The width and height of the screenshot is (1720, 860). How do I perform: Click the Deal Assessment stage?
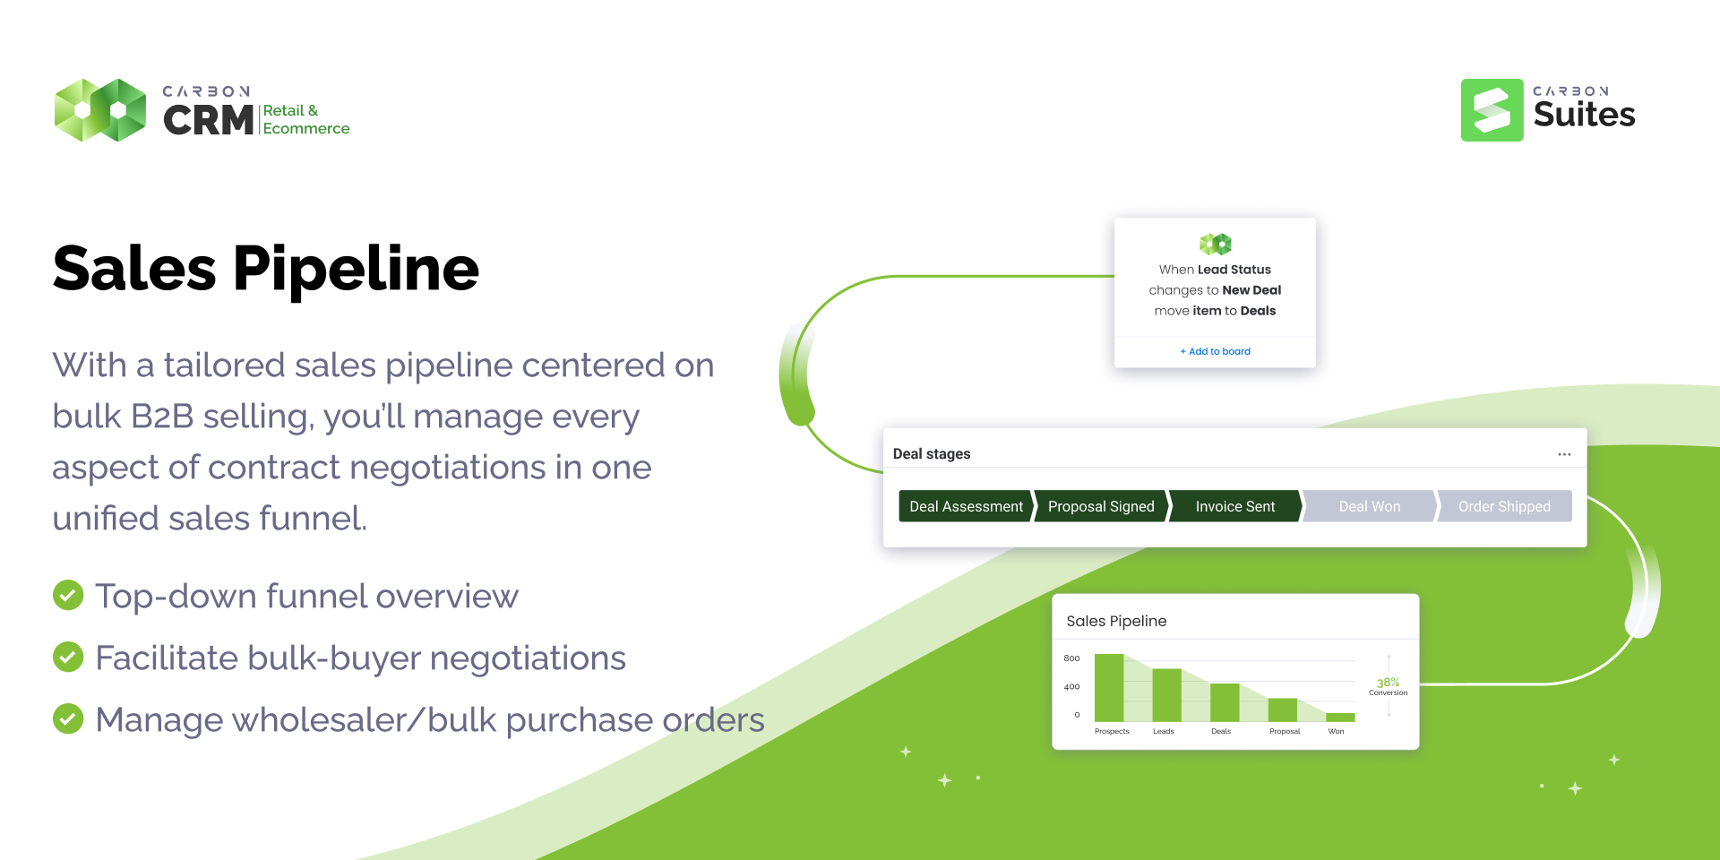coord(966,506)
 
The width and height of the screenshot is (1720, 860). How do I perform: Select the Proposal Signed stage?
coord(1101,506)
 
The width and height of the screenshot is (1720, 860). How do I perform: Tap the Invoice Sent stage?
coord(1235,506)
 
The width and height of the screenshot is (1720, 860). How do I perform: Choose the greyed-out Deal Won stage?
coord(1370,506)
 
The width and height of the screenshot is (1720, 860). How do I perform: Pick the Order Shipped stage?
coord(1504,506)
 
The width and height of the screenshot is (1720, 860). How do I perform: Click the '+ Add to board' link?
coord(1215,351)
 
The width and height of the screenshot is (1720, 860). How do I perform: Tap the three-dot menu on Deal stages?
coord(1564,454)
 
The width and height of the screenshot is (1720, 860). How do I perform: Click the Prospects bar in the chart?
coord(1109,687)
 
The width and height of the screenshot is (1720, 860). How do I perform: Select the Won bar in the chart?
coord(1340,717)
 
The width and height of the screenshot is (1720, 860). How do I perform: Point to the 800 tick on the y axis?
coord(1071,658)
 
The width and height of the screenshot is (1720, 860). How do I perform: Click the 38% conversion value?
coord(1388,682)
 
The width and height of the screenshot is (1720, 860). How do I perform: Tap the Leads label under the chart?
coord(1163,731)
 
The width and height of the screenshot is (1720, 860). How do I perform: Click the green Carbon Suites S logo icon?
coord(1492,110)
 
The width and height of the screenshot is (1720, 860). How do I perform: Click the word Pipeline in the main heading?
coord(356,270)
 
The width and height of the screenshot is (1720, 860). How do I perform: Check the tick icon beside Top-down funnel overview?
coord(68,595)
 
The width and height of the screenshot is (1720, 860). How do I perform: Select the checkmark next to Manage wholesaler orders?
coord(68,718)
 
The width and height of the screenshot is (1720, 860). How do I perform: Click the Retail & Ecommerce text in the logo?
coord(305,119)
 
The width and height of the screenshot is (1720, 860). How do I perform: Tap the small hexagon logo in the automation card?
coord(1216,244)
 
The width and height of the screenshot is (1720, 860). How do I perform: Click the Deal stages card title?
coord(932,454)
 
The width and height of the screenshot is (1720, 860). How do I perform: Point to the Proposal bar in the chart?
coord(1283,709)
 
